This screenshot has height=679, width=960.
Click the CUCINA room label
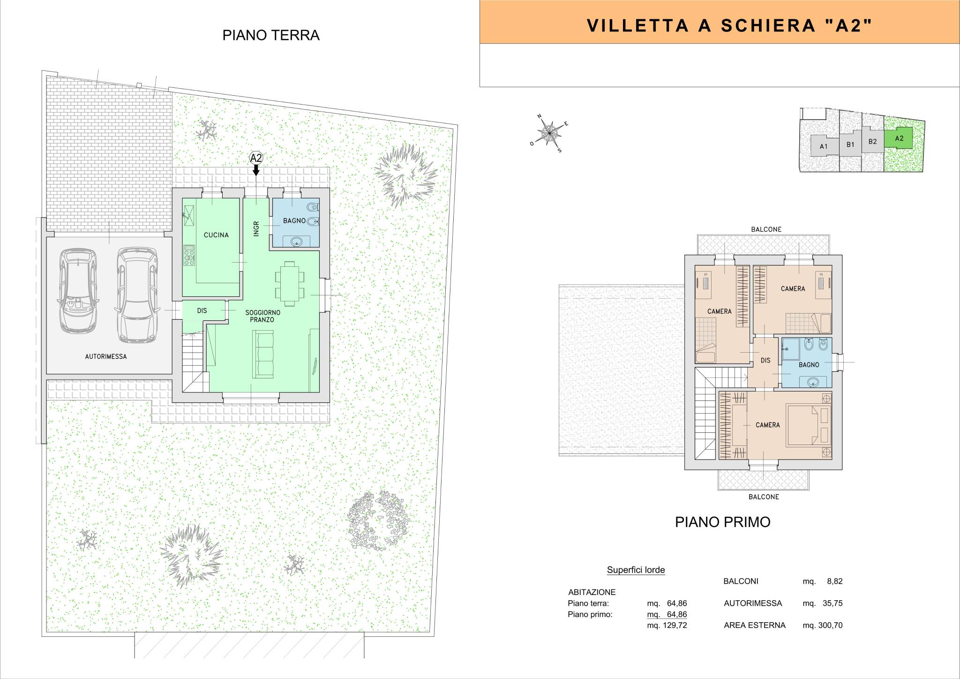(x=216, y=235)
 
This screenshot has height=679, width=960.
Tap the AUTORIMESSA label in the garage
(x=106, y=356)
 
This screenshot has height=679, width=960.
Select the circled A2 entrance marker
(x=256, y=158)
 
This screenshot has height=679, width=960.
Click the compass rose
(x=549, y=134)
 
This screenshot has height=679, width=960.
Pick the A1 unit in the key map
(x=824, y=146)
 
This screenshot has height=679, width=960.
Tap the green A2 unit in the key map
(x=899, y=139)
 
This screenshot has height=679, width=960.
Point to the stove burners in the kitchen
(x=189, y=256)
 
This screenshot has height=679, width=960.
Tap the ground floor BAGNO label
(x=294, y=220)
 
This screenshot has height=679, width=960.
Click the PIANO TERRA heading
(x=271, y=36)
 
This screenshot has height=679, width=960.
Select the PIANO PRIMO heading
(x=722, y=522)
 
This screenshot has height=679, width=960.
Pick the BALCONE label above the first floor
(x=766, y=229)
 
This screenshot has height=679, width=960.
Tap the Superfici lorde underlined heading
(x=636, y=570)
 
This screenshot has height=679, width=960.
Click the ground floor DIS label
(x=202, y=310)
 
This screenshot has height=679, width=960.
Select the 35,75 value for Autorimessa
(x=832, y=604)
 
